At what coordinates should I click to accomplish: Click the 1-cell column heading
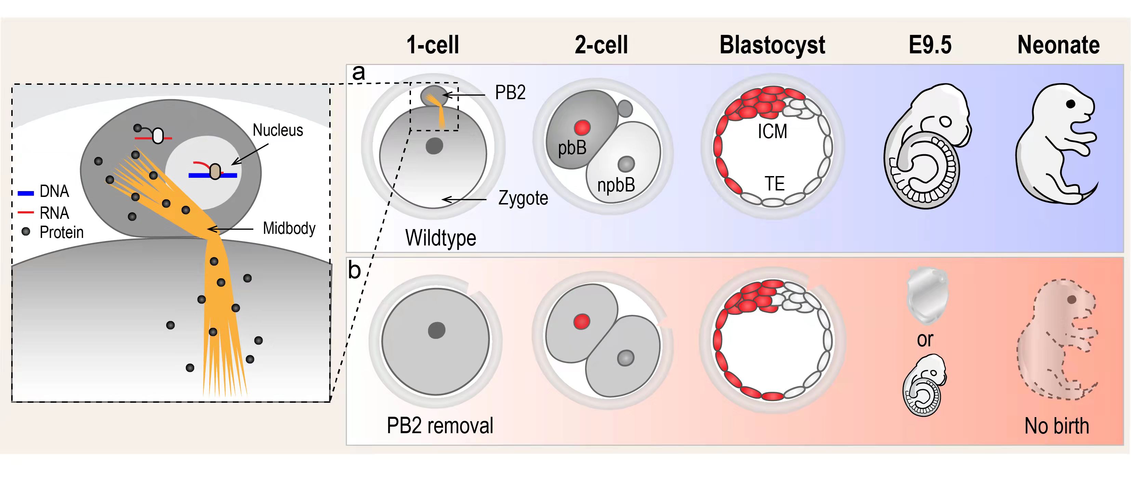433,45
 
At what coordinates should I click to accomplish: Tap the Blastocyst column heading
772,45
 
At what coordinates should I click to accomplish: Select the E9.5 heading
930,45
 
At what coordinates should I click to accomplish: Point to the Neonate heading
1059,45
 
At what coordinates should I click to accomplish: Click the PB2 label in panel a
510,93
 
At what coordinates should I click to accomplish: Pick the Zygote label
523,198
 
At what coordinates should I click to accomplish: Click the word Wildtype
440,238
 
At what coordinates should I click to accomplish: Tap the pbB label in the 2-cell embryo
572,148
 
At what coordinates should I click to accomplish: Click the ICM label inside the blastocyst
772,131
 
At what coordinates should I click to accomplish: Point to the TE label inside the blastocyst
774,184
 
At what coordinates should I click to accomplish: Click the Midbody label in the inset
289,228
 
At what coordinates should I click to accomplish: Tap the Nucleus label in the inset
278,130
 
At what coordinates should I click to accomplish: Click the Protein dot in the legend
26,231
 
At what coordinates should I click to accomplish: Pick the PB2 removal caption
440,425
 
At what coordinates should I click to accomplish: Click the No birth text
1057,426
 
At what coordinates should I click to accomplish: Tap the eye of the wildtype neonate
1071,104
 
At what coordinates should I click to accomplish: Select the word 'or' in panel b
924,339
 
